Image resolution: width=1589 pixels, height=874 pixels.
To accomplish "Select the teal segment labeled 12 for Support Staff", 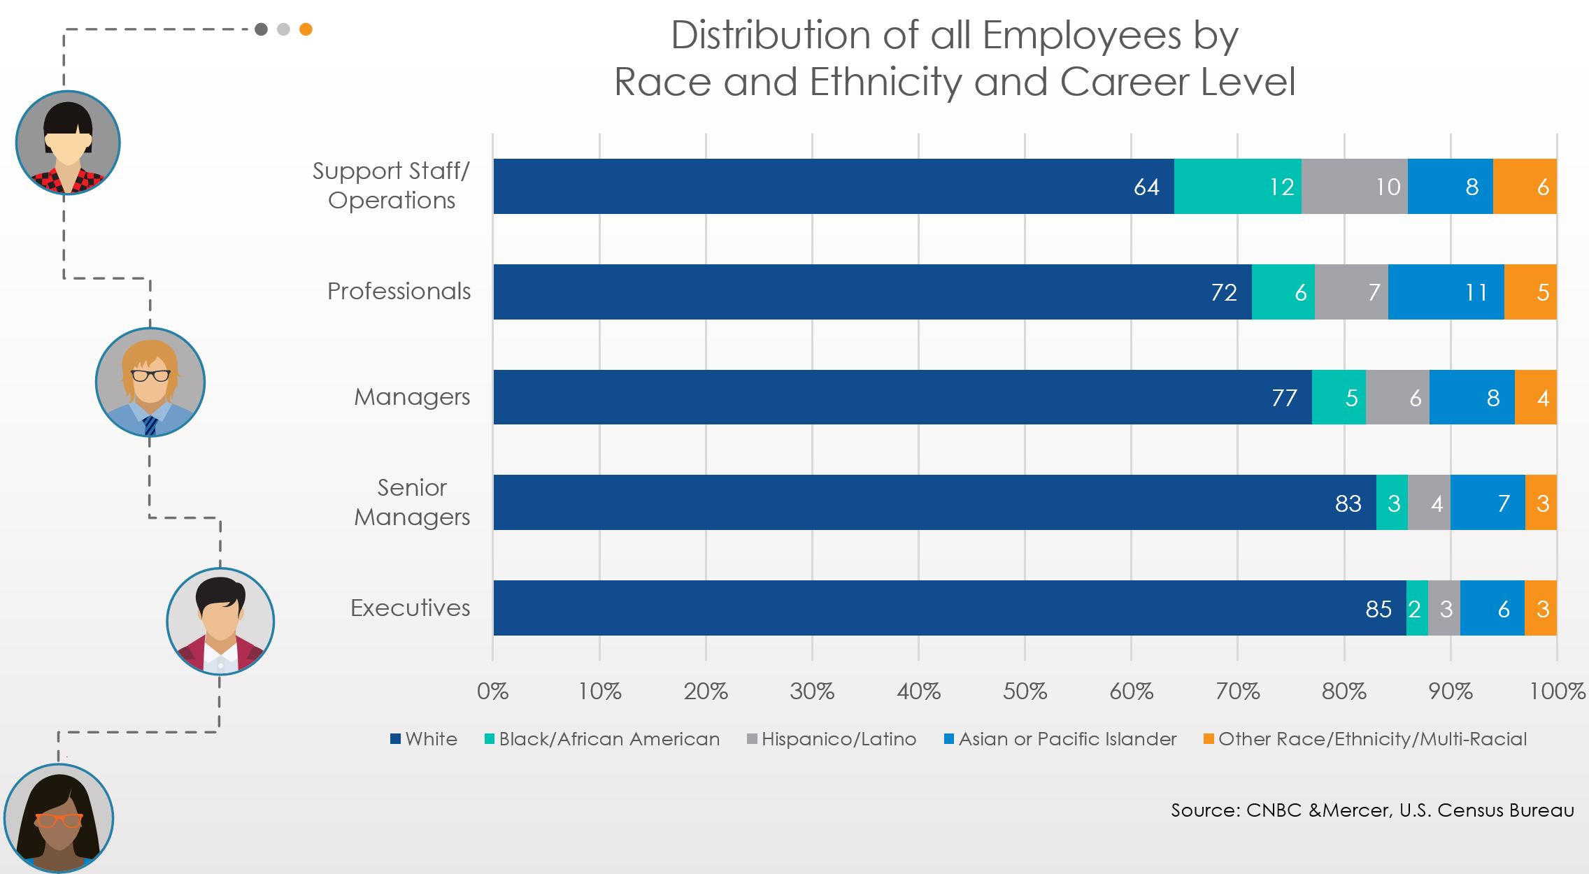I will [1237, 186].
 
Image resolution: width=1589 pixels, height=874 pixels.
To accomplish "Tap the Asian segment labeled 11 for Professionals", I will [1446, 292].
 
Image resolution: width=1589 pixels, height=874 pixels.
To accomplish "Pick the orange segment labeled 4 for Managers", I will [1535, 397].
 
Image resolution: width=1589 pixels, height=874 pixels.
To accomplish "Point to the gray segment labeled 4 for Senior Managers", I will [1429, 503].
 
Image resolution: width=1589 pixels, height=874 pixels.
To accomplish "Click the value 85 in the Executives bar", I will [1378, 609].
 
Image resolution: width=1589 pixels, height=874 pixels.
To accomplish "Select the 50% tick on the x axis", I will [1025, 692].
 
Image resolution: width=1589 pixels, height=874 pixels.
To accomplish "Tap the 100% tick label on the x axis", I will [1557, 692].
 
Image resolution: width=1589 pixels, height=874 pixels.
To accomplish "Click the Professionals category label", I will [399, 291].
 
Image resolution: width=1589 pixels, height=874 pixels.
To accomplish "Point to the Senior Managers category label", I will [412, 502].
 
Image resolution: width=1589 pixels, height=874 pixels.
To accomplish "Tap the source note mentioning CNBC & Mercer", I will [1372, 810].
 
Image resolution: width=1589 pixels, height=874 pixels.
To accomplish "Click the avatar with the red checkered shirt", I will [68, 143].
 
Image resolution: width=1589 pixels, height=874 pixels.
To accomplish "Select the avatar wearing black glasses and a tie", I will [150, 382].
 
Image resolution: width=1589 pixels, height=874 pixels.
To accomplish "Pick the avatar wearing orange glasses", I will [59, 818].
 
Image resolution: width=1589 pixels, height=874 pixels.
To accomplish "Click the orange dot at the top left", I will [306, 29].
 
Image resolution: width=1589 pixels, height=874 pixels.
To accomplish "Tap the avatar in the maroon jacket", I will [220, 622].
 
